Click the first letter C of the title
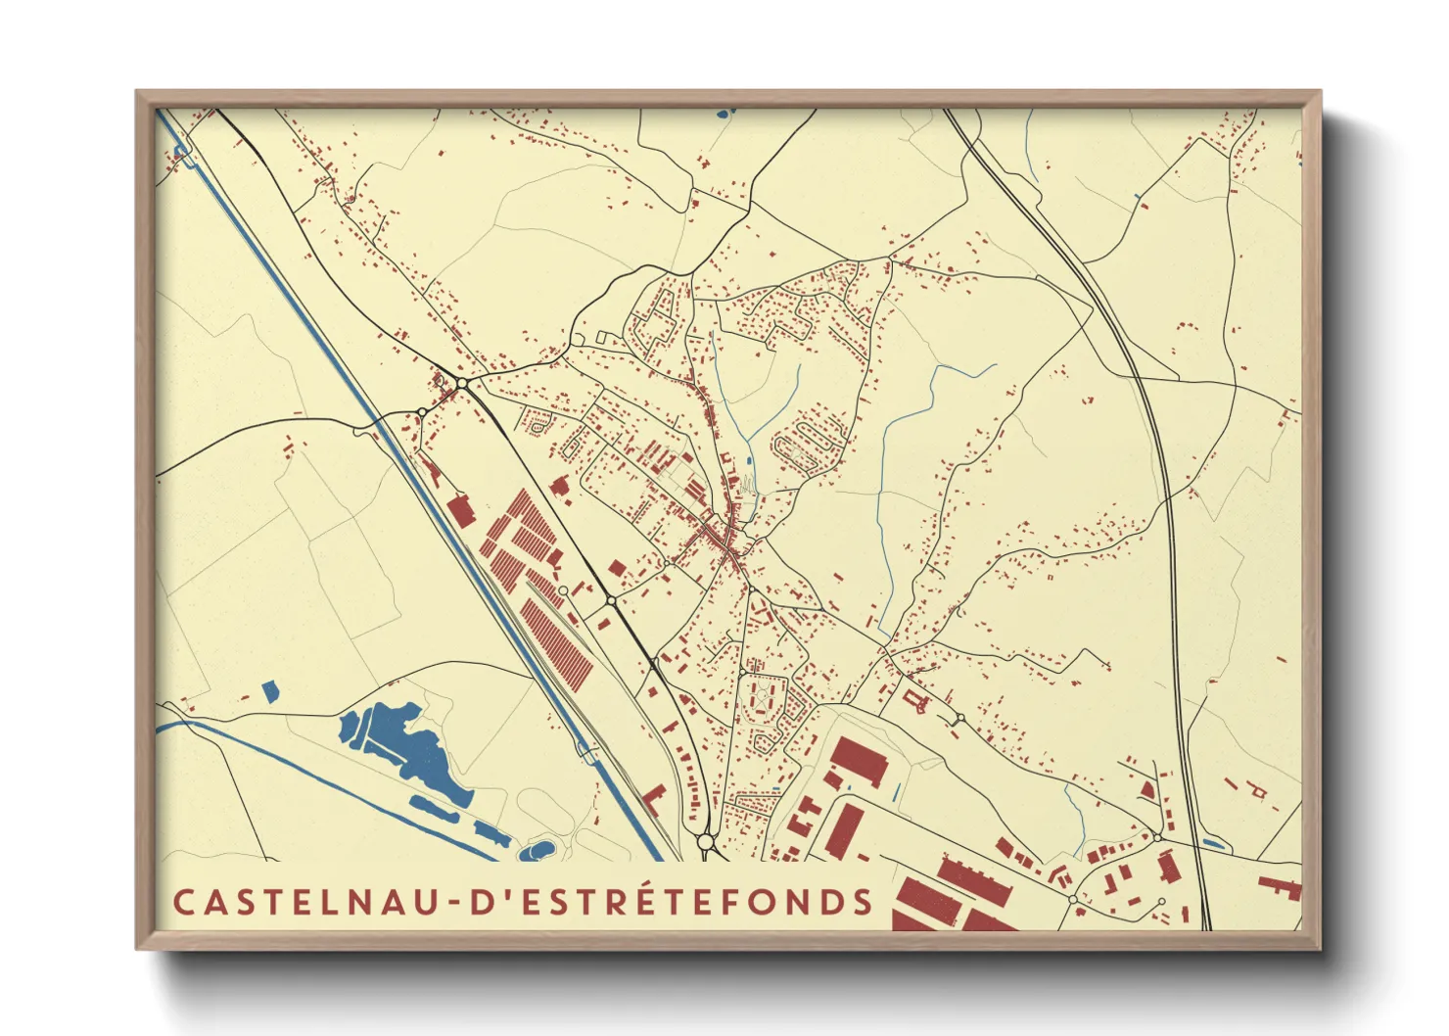pos(183,902)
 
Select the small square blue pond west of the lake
pos(270,691)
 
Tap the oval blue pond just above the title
pos(538,847)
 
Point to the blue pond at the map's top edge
pos(724,114)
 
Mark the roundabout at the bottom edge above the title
pos(705,841)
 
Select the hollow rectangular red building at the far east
pos(1257,787)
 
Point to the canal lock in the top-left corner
pos(180,152)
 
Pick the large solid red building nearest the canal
pos(460,511)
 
